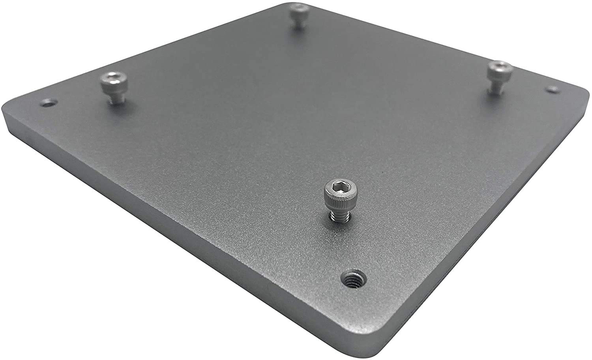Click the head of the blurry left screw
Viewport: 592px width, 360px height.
click(114, 81)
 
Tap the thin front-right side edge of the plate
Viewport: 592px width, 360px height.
click(493, 237)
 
